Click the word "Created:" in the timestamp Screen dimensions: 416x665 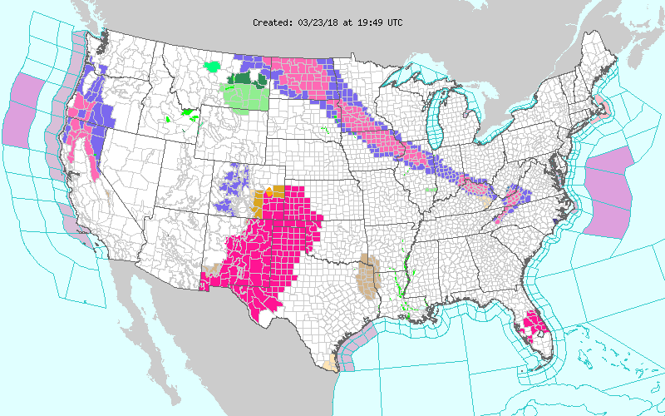(273, 22)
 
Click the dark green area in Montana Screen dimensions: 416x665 (247, 79)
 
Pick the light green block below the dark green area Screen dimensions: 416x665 (246, 97)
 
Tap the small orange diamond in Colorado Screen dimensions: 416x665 (268, 192)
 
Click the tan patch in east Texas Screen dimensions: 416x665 (365, 275)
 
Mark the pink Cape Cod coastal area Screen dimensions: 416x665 (601, 106)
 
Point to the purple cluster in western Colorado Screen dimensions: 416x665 (232, 187)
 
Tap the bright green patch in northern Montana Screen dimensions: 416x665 (214, 64)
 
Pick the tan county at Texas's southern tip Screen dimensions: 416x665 (332, 364)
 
